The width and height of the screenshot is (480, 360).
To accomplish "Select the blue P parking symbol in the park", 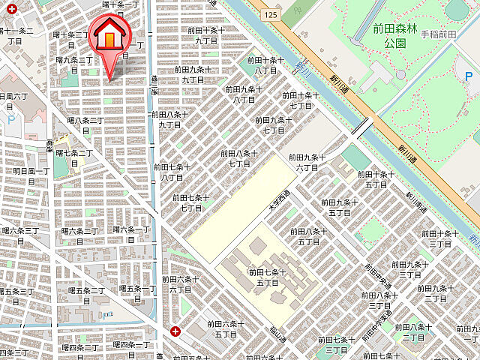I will tap(468, 77).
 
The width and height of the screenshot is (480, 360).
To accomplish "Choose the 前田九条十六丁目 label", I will tap(306, 163).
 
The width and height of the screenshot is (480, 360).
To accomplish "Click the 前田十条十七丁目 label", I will tap(301, 100).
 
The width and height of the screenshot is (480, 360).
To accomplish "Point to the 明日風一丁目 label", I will tap(30, 176).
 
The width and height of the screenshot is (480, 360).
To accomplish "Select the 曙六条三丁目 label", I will tap(20, 235).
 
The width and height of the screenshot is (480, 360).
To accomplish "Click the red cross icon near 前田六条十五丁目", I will tap(175, 331).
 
